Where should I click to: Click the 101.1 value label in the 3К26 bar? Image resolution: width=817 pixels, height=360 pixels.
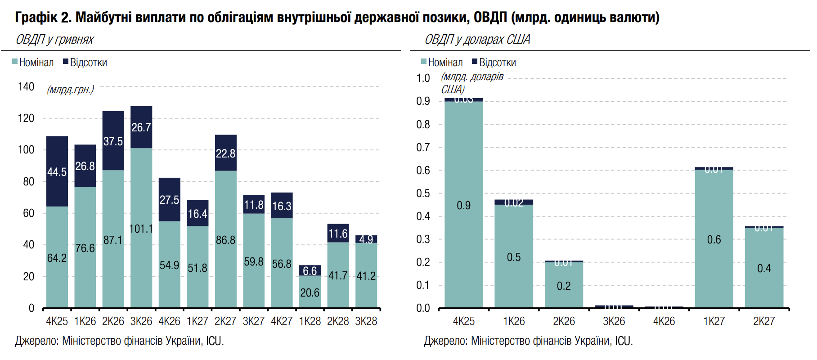pos(141,229)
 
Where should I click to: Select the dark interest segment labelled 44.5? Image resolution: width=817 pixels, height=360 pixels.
pos(57,171)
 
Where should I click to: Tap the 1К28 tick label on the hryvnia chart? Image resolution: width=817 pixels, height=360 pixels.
pos(310,321)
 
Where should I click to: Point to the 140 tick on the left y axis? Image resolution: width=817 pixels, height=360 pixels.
pos(26,86)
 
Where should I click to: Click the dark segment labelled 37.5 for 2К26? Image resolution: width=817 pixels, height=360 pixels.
pos(113,141)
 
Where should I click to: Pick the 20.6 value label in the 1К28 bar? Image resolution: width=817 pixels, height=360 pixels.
pos(310,293)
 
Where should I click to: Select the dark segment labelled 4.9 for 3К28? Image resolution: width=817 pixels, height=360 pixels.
pos(366,239)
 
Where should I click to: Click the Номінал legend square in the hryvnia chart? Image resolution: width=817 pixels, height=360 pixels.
pos(15,62)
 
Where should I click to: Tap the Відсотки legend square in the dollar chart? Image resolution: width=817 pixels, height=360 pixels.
pos(475,62)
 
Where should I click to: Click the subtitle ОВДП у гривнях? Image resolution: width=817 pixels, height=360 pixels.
pos(54,40)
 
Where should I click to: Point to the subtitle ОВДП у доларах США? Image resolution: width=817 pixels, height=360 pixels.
pos(477,40)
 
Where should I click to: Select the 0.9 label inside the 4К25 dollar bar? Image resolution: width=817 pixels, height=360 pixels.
pos(464,206)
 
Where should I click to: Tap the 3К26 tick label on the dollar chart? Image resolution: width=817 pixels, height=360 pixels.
pos(614,321)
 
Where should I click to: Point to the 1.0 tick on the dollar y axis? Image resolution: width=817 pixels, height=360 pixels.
pos(423,78)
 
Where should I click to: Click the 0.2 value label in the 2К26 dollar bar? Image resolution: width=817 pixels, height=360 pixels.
pos(564,286)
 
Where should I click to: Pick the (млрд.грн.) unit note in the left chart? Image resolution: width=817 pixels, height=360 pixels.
pos(70,90)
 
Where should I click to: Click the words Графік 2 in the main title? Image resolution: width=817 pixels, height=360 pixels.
pos(43,17)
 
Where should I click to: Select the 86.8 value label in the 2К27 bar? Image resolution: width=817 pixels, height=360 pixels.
pos(225,240)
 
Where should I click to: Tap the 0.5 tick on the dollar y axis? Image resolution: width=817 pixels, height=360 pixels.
pos(423,193)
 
